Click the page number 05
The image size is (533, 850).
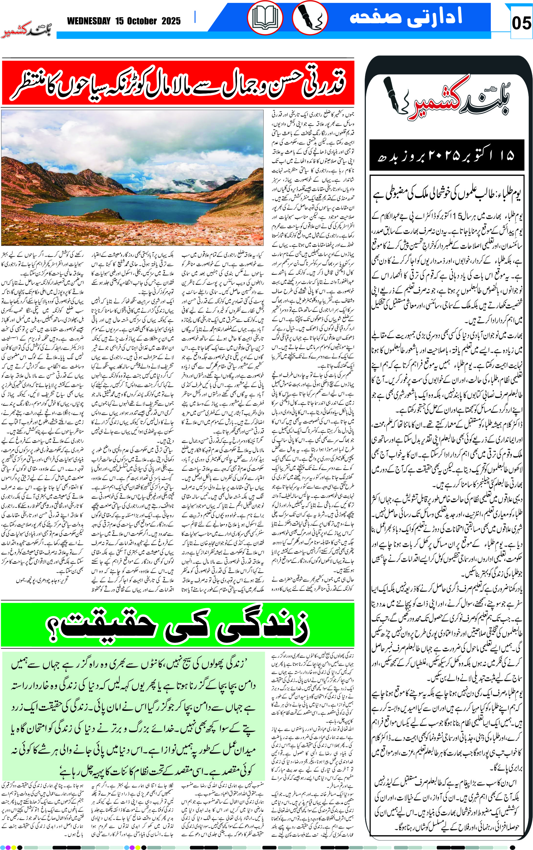pos(521,23)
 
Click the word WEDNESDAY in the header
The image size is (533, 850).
pos(89,21)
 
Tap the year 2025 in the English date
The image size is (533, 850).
pos(171,21)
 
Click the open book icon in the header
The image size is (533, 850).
pos(265,18)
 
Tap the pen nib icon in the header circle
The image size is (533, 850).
pos(310,18)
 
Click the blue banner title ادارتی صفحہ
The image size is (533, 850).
pos(405,17)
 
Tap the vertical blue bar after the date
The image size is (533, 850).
pos(195,17)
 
